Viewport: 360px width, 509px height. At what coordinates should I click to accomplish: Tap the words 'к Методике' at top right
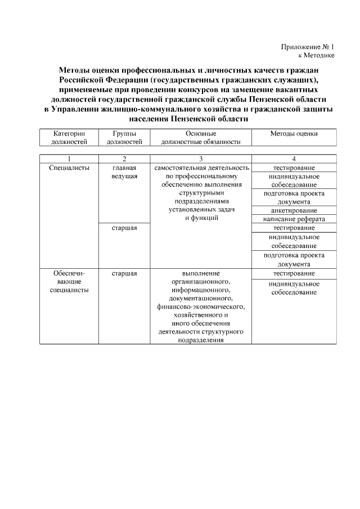[316, 56]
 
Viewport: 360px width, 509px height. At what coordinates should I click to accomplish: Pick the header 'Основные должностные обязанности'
[201, 138]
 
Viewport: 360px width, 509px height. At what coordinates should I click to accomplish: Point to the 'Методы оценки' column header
[294, 134]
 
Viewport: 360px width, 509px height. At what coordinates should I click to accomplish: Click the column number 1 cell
[68, 159]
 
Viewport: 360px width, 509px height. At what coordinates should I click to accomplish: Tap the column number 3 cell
[201, 159]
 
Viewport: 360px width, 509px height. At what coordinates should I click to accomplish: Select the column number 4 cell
[294, 159]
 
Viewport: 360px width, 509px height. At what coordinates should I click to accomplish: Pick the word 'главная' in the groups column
[124, 168]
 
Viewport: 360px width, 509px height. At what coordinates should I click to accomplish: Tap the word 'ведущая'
[124, 177]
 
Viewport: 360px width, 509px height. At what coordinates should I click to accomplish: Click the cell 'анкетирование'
[294, 210]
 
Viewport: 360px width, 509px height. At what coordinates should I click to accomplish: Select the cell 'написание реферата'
[294, 219]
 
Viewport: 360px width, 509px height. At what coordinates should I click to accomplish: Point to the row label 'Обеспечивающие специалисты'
[68, 281]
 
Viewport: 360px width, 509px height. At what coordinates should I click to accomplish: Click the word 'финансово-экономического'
[201, 307]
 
